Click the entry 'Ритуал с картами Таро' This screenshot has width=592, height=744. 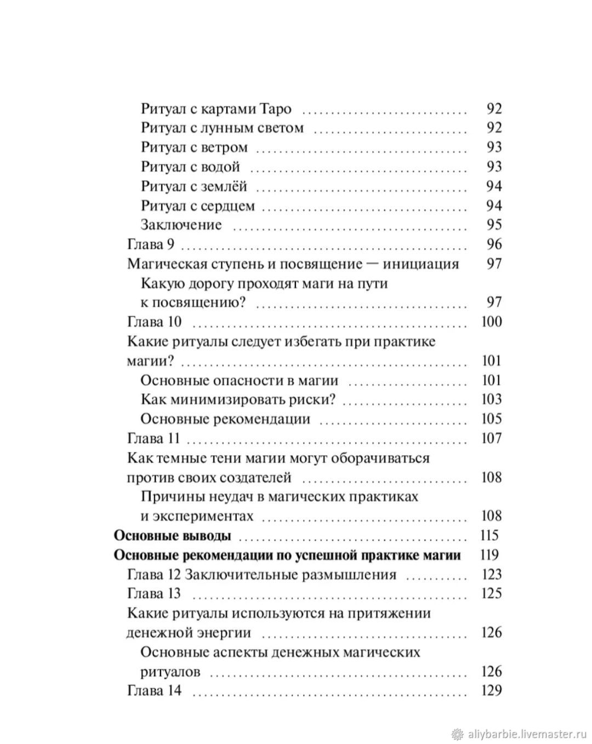(216, 108)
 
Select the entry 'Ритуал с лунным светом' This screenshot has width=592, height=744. (222, 128)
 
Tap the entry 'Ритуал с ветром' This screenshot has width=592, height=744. (194, 147)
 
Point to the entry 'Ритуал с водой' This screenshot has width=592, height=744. (190, 167)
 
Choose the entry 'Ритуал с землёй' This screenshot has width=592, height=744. (194, 186)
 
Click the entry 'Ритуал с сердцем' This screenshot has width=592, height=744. (198, 206)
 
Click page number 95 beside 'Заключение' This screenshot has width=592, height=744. (494, 225)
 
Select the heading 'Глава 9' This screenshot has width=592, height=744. (151, 244)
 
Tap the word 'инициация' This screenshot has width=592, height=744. (420, 264)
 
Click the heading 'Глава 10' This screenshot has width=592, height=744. (154, 322)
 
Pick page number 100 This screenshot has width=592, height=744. (491, 322)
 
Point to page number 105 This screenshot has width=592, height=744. (491, 419)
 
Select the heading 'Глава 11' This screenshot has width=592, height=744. (153, 438)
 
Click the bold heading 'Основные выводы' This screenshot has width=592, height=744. (172, 535)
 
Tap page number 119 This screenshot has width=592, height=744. (489, 555)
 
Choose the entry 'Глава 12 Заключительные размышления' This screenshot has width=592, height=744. (261, 575)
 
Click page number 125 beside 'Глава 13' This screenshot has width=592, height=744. (491, 594)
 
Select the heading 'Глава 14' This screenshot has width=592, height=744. (154, 690)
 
